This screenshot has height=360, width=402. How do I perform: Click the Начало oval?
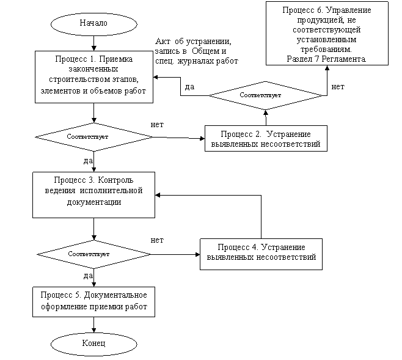93,24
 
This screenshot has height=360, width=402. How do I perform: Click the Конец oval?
93,343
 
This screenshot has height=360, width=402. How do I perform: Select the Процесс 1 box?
93,76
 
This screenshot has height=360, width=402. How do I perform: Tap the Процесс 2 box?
265,139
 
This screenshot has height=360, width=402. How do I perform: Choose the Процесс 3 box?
93,194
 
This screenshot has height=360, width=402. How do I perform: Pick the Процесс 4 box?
261,252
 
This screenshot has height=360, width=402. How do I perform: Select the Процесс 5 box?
93,301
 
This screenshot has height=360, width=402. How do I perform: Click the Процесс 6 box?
327,34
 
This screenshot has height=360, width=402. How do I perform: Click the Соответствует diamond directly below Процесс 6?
265,95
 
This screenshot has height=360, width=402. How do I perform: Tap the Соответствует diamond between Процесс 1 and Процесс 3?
93,137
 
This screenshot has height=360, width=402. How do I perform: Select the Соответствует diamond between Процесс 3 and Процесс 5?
93,254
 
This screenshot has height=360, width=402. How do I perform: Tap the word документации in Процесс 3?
93,202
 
